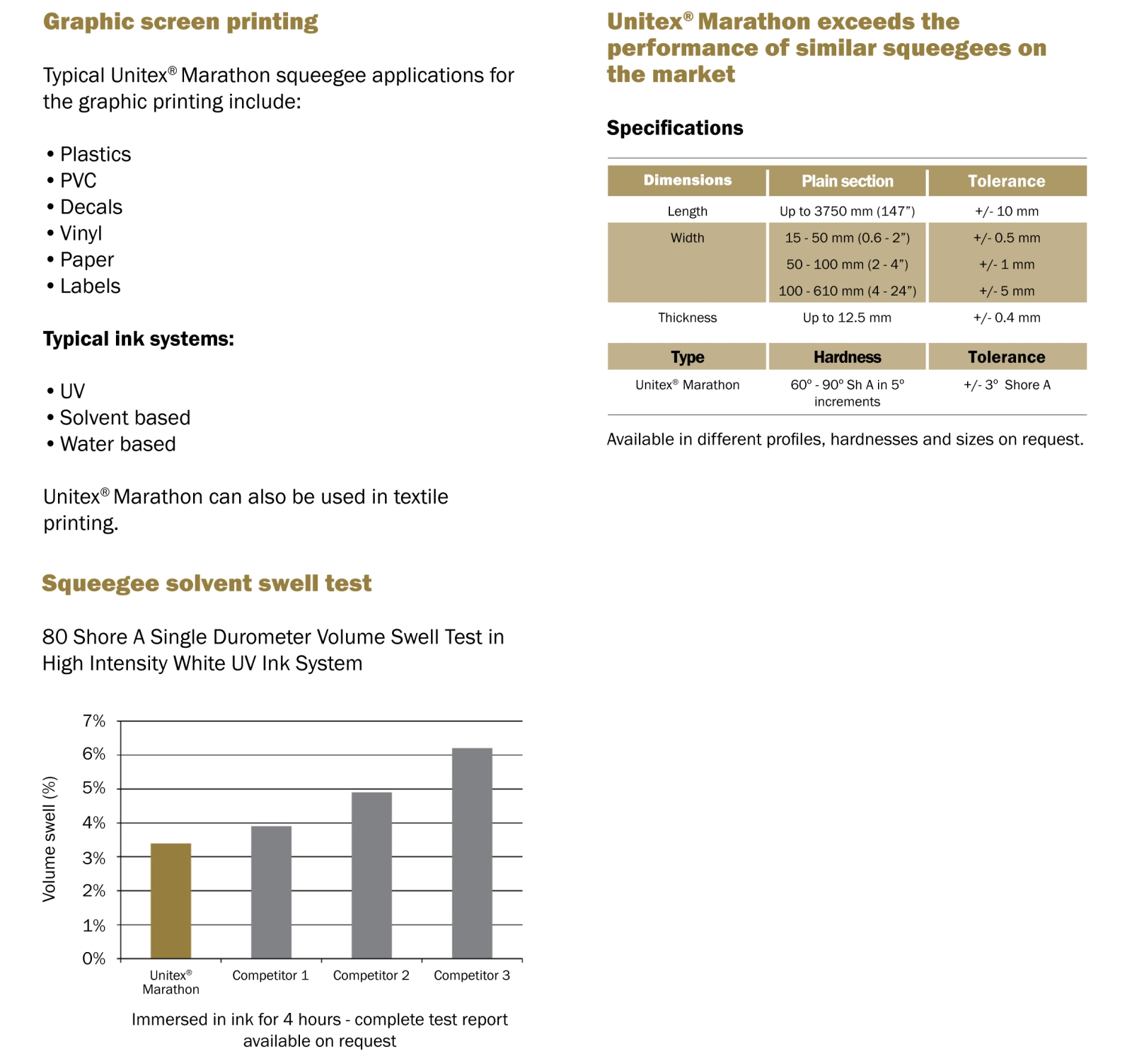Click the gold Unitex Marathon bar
pyautogui.click(x=171, y=900)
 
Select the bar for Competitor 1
pyautogui.click(x=271, y=892)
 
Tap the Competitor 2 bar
pyautogui.click(x=371, y=875)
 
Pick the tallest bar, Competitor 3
pyautogui.click(x=472, y=853)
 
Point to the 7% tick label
pyautogui.click(x=94, y=721)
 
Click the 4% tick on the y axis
pyautogui.click(x=94, y=823)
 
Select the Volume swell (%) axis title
pyautogui.click(x=49, y=839)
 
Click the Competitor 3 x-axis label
pyautogui.click(x=471, y=975)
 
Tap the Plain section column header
pyautogui.click(x=847, y=181)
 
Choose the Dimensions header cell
pyautogui.click(x=687, y=180)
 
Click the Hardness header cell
pyautogui.click(x=847, y=357)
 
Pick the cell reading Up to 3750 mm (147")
pyautogui.click(x=847, y=211)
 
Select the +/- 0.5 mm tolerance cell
pyautogui.click(x=1006, y=238)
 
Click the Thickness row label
pyautogui.click(x=687, y=318)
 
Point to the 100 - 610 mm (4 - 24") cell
pyautogui.click(x=847, y=291)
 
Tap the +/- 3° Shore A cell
pyautogui.click(x=1006, y=385)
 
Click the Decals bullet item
pyautogui.click(x=91, y=207)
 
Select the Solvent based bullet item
pyautogui.click(x=125, y=418)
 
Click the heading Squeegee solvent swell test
pyautogui.click(x=207, y=583)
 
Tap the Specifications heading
pyautogui.click(x=675, y=128)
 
